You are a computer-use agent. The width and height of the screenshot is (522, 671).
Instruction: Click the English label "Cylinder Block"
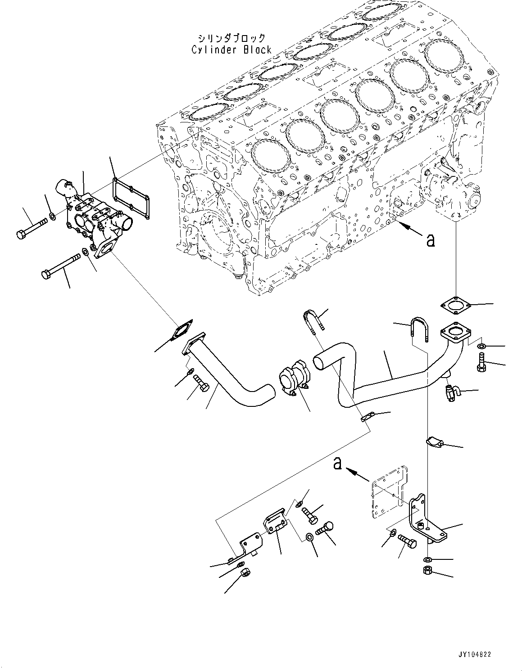(x=231, y=50)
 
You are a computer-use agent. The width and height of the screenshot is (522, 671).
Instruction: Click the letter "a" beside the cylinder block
(x=431, y=240)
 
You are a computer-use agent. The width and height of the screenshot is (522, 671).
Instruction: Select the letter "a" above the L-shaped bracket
(x=337, y=464)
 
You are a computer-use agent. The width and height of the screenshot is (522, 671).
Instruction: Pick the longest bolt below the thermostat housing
(x=60, y=266)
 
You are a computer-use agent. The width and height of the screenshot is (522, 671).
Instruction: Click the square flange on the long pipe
(x=455, y=335)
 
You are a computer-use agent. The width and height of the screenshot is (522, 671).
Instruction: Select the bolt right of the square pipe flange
(x=481, y=363)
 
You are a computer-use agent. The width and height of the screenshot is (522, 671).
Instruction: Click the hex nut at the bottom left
(x=245, y=573)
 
